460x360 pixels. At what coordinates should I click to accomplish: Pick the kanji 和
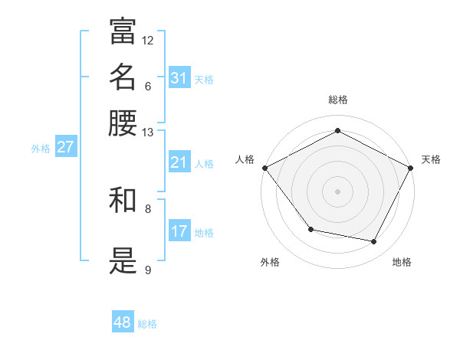click(x=123, y=201)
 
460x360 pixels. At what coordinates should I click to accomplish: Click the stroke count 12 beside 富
click(x=148, y=40)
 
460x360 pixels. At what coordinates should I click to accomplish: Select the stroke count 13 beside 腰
click(x=148, y=133)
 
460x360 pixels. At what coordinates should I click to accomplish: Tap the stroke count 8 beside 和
click(x=148, y=208)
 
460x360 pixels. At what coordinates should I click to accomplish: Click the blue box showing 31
click(x=179, y=78)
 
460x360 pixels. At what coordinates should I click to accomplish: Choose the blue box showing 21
click(x=179, y=162)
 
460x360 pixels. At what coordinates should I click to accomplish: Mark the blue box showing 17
click(x=179, y=231)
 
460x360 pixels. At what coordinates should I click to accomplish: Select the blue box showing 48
click(x=123, y=322)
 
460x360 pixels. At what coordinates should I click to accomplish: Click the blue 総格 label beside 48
click(x=147, y=324)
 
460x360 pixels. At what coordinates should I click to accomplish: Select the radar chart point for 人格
click(x=264, y=167)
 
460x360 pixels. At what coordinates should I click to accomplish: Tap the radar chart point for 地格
click(x=374, y=242)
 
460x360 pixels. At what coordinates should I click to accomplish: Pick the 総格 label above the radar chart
click(x=338, y=100)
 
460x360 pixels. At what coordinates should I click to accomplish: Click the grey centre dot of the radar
click(x=338, y=191)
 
